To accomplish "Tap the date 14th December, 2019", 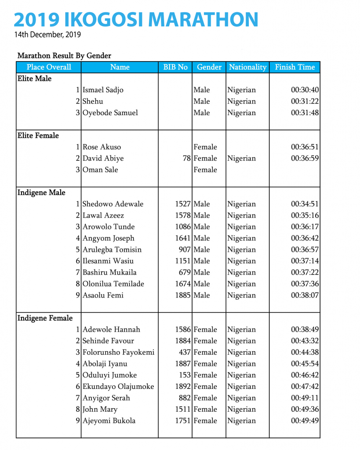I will tap(47, 34).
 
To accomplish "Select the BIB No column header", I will tap(175, 67).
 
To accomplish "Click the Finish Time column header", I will tap(295, 67).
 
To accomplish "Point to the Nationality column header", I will tap(247, 67).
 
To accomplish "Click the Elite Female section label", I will tap(38, 135).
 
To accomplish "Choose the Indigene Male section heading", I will tap(41, 192).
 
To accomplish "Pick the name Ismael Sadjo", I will tap(103, 90).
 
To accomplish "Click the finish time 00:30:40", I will tap(305, 90).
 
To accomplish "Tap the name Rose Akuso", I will tap(102, 147).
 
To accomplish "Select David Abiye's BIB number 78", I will tap(187, 158).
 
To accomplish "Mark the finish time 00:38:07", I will tap(305, 295).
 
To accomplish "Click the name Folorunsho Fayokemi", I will tap(119, 352).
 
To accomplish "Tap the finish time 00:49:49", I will tap(305, 421).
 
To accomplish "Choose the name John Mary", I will tap(100, 410).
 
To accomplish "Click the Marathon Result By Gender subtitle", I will tap(64, 56).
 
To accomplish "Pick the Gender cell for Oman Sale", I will tap(205, 170).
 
